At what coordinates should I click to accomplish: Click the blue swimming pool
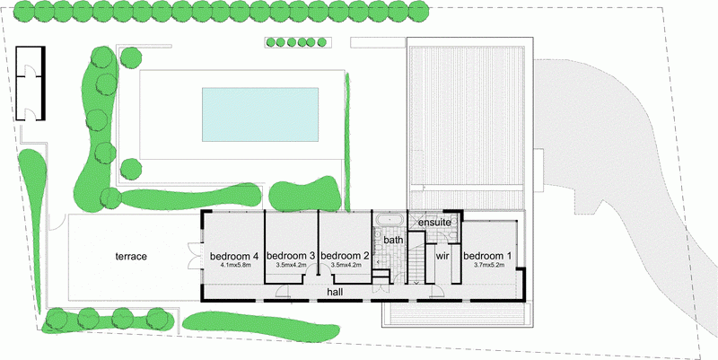tap(260, 115)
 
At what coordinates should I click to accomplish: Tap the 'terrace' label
tap(131, 257)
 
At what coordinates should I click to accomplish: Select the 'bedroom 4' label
tap(234, 256)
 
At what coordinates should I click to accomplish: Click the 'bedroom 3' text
tap(291, 256)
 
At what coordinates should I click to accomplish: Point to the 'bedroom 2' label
tap(345, 256)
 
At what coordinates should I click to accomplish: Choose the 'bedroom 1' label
tap(487, 256)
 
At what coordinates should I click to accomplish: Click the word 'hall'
tap(336, 292)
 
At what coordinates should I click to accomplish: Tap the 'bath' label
tap(393, 240)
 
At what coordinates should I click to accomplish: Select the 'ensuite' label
tap(435, 222)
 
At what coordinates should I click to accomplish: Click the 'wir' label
tap(442, 256)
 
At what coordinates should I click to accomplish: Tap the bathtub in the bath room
tap(390, 219)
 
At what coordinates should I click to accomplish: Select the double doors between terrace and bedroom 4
tap(195, 257)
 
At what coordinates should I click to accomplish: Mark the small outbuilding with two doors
tap(31, 83)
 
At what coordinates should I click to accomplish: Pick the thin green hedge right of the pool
tap(347, 142)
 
